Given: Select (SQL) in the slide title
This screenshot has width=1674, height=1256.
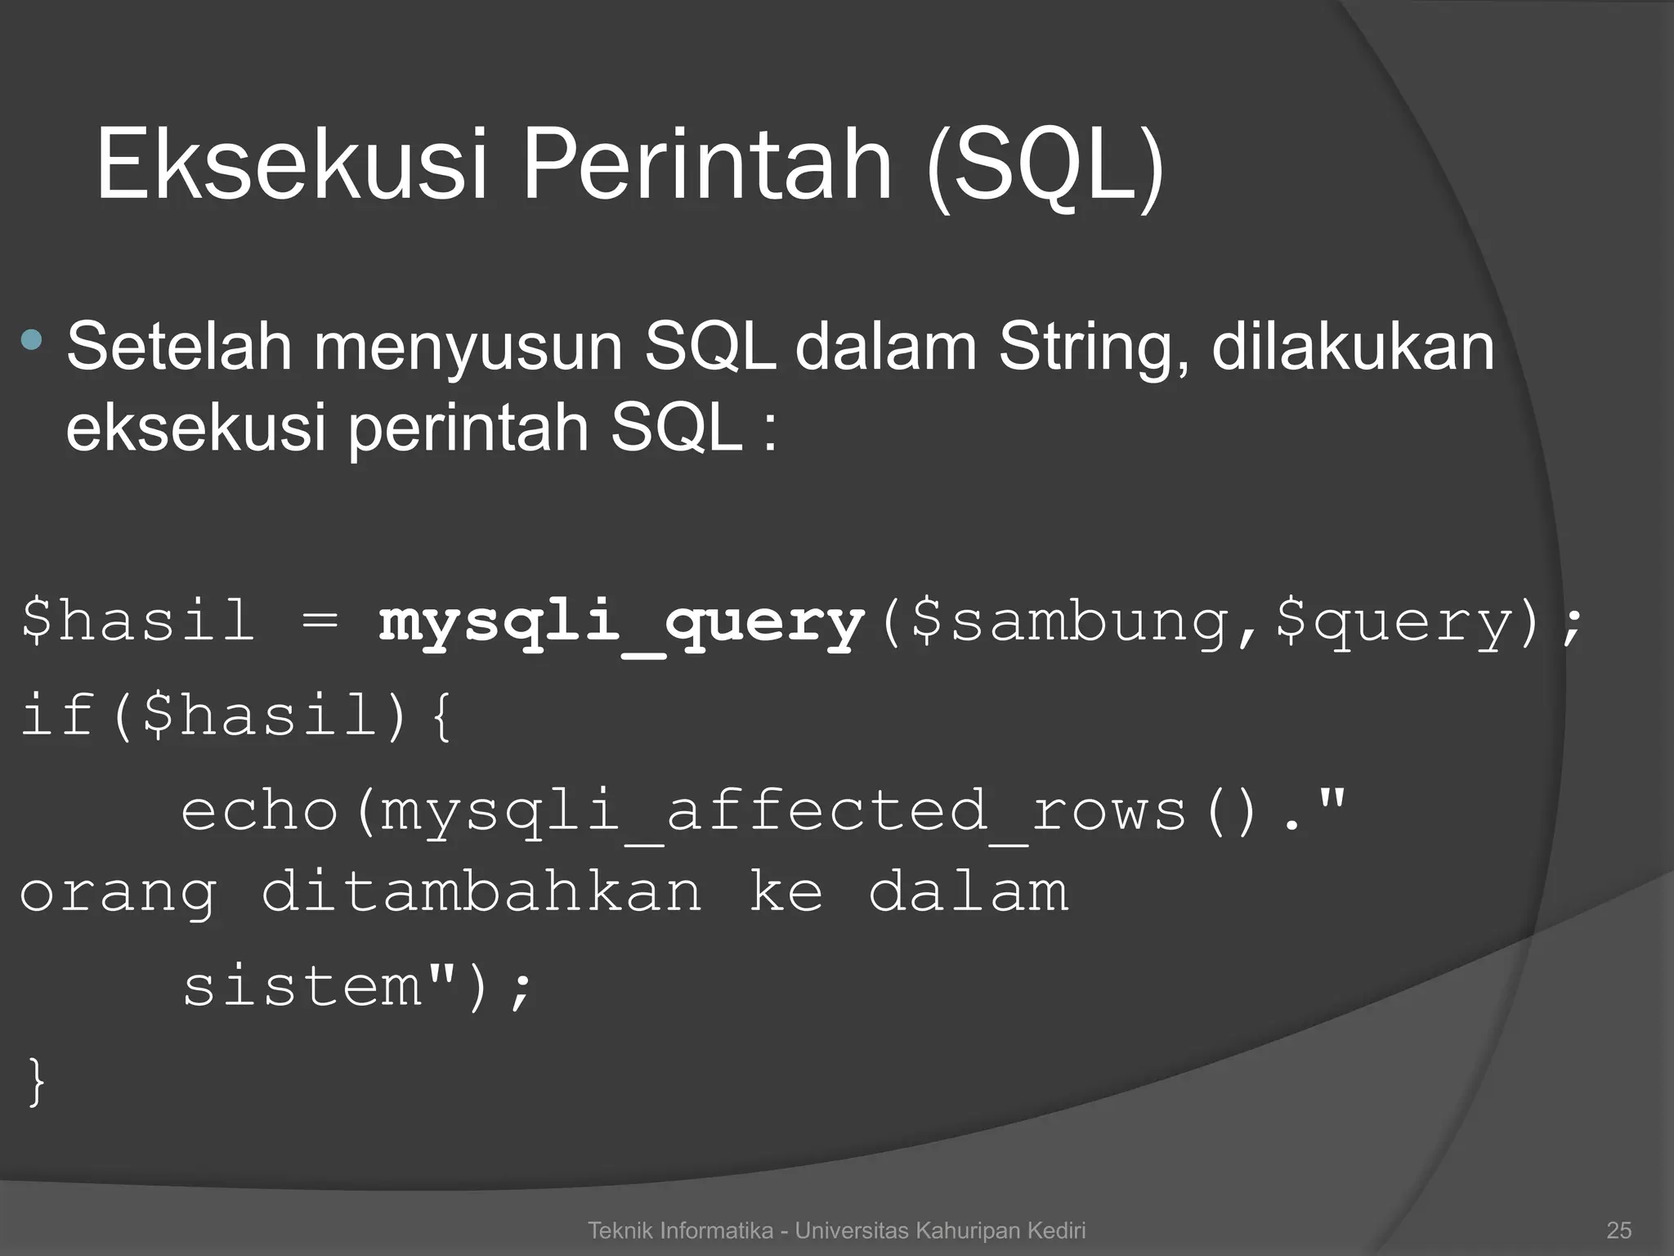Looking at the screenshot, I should click(1045, 168).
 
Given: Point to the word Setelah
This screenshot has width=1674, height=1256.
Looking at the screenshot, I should click(179, 347).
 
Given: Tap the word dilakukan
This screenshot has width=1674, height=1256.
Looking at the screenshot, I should click(1353, 347).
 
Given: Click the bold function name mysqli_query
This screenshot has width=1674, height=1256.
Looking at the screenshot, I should click(621, 624).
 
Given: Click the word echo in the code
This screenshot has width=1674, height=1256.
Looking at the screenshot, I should click(260, 811).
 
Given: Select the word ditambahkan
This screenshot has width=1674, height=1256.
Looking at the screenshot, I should click(481, 891).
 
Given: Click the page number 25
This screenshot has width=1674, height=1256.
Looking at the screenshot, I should click(1618, 1230).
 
